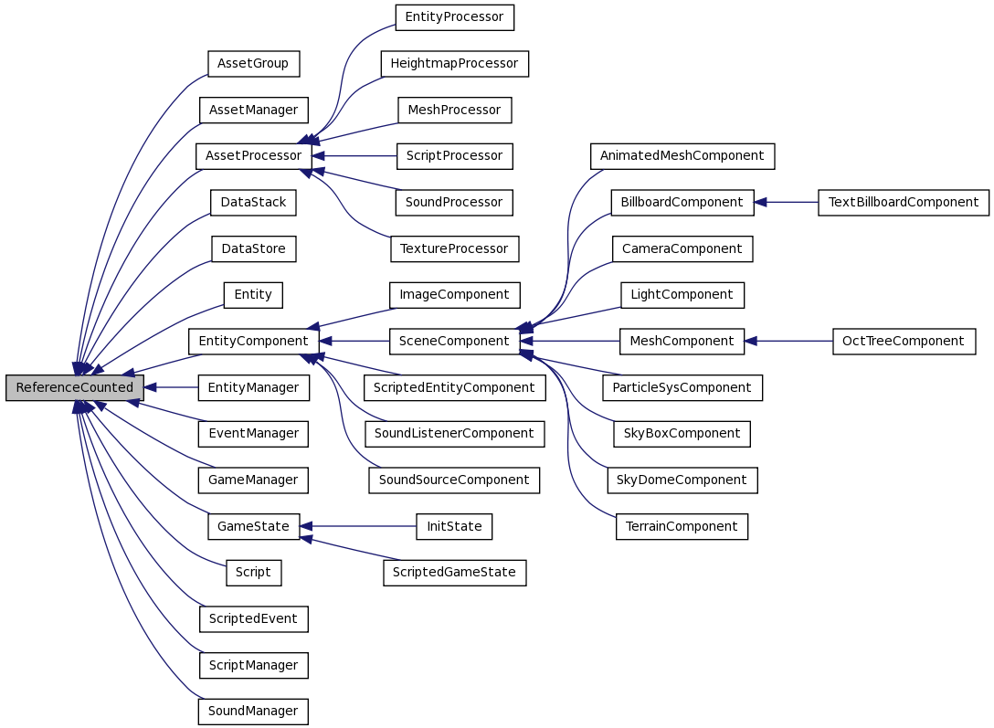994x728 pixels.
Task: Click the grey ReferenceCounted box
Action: [x=74, y=388]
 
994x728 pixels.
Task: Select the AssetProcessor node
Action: [x=253, y=156]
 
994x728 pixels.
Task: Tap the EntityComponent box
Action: [x=253, y=342]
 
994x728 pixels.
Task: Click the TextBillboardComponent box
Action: [x=903, y=203]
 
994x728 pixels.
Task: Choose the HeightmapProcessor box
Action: [x=454, y=64]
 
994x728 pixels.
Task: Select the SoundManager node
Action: [x=253, y=712]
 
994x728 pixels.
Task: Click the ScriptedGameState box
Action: [x=454, y=573]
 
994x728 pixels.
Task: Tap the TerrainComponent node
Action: [x=682, y=527]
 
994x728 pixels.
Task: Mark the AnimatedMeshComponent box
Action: [x=682, y=156]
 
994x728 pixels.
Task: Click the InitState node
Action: [x=454, y=527]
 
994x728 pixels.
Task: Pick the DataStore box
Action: [x=253, y=248]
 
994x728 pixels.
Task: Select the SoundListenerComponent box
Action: [x=454, y=434]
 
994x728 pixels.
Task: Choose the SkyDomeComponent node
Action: [x=682, y=480]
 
